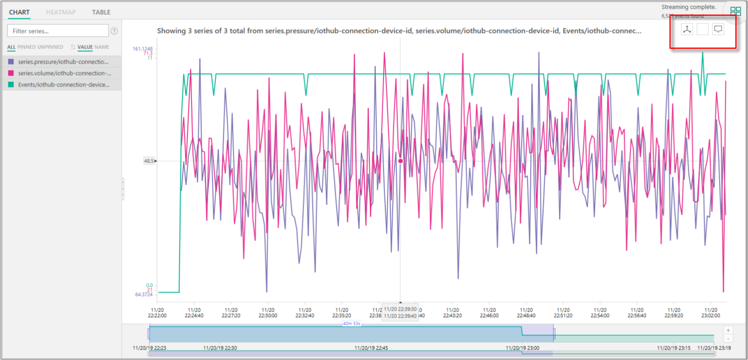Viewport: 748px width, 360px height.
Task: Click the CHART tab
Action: [19, 12]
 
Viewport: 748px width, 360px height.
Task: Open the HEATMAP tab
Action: [60, 12]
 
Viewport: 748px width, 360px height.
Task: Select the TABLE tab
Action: [101, 12]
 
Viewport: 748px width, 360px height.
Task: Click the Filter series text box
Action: [58, 31]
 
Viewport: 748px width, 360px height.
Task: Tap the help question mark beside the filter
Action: [114, 31]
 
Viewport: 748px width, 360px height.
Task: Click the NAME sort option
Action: [102, 47]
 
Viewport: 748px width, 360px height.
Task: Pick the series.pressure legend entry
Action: [63, 62]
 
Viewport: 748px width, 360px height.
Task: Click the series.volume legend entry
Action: [64, 73]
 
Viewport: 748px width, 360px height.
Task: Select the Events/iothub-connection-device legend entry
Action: [64, 85]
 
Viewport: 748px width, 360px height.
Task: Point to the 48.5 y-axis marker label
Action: [149, 161]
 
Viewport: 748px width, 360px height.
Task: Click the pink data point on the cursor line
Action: [401, 161]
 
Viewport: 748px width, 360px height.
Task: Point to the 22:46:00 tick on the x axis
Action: [489, 313]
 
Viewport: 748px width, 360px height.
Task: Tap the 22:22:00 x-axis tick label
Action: [157, 313]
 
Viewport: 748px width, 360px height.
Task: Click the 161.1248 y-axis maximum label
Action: [143, 49]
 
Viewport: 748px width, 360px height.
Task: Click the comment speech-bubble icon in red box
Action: [718, 29]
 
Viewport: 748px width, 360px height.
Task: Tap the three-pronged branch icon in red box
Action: [687, 29]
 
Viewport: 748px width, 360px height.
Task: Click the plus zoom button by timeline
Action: [728, 330]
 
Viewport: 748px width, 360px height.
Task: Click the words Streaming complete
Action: [688, 7]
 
